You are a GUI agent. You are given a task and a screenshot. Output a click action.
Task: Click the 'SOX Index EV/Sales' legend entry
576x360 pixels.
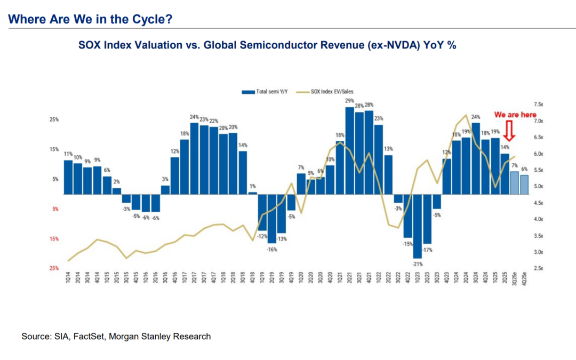point(331,92)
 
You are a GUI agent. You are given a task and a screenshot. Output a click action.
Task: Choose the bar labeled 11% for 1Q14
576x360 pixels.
point(68,177)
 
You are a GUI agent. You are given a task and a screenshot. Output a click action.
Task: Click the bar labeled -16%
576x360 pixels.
point(272,218)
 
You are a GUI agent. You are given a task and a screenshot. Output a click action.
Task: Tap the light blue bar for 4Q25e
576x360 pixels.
point(524,184)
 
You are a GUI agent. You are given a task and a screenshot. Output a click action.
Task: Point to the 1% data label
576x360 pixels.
point(252,186)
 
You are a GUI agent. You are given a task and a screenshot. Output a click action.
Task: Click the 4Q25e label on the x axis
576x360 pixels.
point(525,281)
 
